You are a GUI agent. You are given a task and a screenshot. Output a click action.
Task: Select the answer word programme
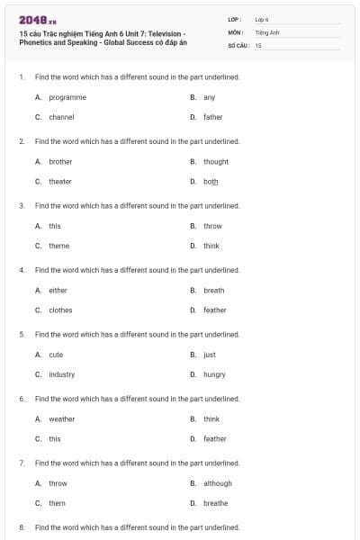[x=67, y=97]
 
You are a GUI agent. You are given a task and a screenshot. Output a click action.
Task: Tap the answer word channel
[x=61, y=117]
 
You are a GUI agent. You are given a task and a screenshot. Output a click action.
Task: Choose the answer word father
[x=212, y=117]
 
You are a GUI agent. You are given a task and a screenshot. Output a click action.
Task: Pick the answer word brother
[x=60, y=162]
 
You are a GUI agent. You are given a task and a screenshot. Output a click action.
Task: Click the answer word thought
[x=216, y=162]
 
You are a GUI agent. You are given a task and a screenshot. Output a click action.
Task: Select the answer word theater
[x=60, y=182]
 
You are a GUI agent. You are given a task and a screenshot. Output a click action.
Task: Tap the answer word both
[x=211, y=182]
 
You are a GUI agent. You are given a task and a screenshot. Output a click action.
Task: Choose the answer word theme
[x=58, y=246]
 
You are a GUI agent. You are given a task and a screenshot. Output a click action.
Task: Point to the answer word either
[x=58, y=291]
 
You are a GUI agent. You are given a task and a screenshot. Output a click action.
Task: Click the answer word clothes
[x=60, y=310]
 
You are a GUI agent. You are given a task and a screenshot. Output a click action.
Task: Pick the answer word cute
[x=56, y=355]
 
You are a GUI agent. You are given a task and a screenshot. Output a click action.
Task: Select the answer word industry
[x=61, y=374]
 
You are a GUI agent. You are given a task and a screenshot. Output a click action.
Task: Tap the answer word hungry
[x=214, y=374]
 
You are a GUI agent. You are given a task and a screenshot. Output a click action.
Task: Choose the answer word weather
[x=62, y=419]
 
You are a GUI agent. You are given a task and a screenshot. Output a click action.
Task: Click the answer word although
[x=218, y=483]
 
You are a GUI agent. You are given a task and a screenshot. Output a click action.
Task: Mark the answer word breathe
[x=215, y=503]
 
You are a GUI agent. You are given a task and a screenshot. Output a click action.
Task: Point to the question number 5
[x=22, y=335]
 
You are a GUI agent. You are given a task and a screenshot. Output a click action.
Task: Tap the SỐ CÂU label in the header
[x=238, y=44]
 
